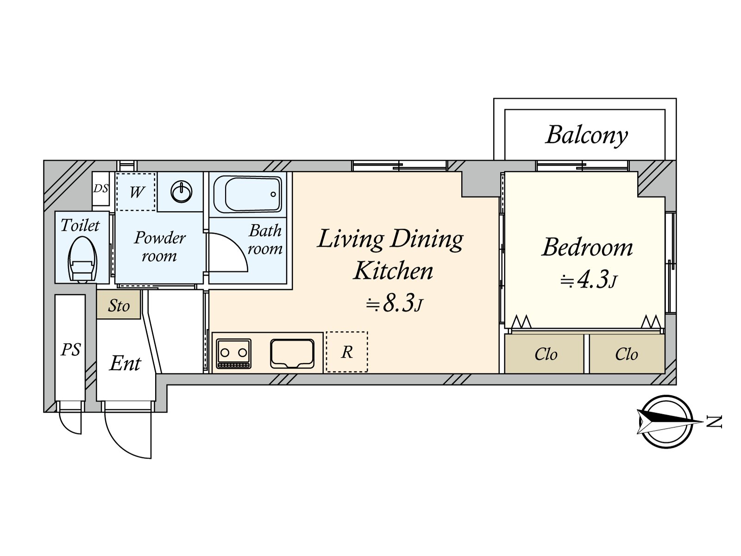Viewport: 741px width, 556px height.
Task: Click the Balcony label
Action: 587,135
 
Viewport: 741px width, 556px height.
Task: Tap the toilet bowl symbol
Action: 82,259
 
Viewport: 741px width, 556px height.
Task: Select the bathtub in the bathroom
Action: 248,194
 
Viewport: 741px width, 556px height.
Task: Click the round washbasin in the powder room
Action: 182,192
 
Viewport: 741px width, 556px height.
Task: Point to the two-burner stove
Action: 233,354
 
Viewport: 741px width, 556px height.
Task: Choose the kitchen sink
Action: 292,354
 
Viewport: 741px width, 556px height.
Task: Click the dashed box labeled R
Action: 347,352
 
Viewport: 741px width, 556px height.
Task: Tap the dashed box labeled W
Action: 136,192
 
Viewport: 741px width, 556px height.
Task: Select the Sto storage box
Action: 119,304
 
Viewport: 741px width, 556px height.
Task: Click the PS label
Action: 71,350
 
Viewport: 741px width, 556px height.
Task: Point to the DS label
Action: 100,189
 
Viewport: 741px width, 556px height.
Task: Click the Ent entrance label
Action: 125,364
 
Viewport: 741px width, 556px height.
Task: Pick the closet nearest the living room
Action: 544,354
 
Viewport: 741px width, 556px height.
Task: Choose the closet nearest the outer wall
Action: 627,354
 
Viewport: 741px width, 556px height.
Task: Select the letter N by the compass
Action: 715,422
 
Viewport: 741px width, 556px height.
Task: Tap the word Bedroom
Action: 587,248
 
